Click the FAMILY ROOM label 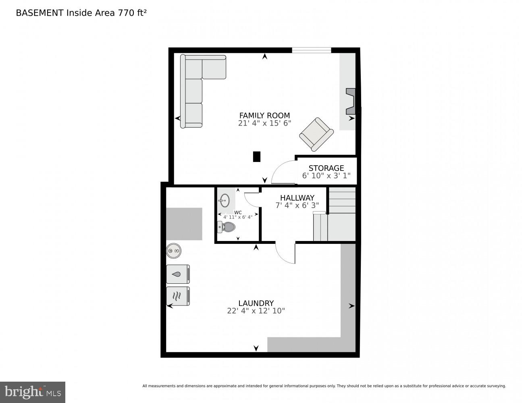(264, 115)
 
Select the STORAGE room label (326, 168)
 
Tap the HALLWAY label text (297, 198)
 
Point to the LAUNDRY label (256, 303)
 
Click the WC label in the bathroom (238, 212)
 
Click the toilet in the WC (227, 227)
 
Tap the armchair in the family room (316, 134)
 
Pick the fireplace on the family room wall (351, 101)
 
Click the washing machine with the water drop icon (178, 274)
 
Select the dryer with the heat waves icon (178, 296)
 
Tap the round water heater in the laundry (174, 251)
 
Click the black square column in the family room (256, 156)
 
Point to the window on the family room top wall (311, 50)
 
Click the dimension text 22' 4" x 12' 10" (256, 311)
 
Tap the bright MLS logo (33, 392)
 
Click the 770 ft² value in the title (132, 12)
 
